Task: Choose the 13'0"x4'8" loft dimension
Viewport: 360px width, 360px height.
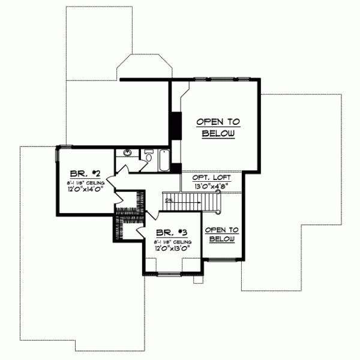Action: click(x=210, y=187)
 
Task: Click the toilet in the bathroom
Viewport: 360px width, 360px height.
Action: click(x=149, y=157)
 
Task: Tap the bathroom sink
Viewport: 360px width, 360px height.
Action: click(x=128, y=153)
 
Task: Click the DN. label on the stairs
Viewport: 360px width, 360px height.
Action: click(x=170, y=199)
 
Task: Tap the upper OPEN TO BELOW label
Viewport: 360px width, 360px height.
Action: click(x=218, y=127)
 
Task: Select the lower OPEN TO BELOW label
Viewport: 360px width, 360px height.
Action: click(x=221, y=234)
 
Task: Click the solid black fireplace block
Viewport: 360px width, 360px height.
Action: click(x=176, y=126)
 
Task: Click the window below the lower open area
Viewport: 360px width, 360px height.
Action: click(x=221, y=260)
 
